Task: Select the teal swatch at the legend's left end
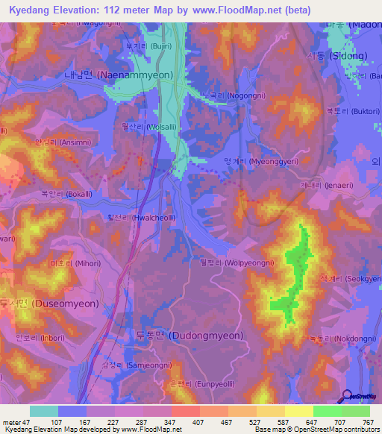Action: click(43, 411)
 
